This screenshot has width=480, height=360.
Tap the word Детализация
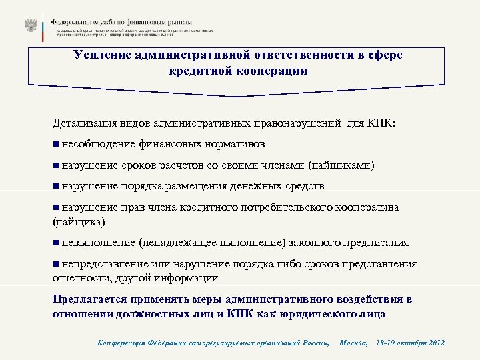[87, 123]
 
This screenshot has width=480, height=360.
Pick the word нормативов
[234, 143]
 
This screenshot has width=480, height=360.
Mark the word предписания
[375, 243]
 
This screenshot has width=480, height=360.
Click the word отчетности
[77, 277]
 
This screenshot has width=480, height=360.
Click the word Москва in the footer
[353, 343]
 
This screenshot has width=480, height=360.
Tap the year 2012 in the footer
[434, 343]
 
